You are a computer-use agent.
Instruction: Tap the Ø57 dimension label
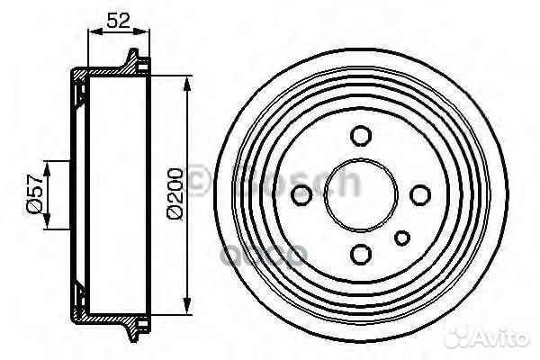(x=32, y=194)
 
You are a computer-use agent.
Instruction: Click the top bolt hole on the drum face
(x=361, y=137)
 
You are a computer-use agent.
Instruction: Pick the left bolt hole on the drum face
(x=303, y=193)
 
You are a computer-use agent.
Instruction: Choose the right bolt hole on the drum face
(x=418, y=194)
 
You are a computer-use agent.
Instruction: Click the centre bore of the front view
(x=361, y=194)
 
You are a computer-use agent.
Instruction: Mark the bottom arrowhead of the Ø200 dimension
(x=187, y=307)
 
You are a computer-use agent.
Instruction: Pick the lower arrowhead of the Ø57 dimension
(x=46, y=224)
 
